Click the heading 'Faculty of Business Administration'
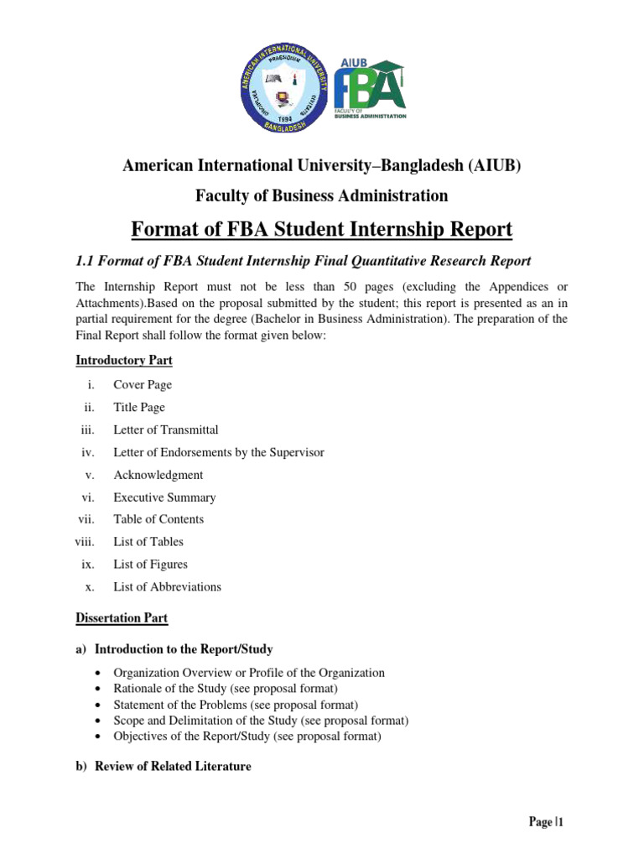point(322,195)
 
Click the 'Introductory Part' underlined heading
point(124,361)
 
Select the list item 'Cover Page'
point(143,385)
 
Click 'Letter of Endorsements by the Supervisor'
point(219,452)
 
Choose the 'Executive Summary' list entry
point(164,497)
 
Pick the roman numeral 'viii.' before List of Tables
point(87,542)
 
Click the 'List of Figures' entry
point(150,565)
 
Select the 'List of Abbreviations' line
point(167,587)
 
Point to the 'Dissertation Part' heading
point(122,618)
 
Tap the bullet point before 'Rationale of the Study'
point(100,689)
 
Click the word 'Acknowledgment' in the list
point(158,475)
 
